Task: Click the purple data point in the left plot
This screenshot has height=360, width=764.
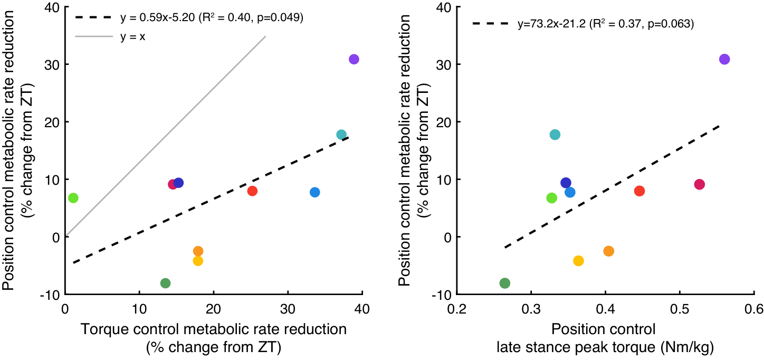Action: point(354,59)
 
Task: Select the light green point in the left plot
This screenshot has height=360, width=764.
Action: point(73,198)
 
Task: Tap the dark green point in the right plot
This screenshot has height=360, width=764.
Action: point(504,283)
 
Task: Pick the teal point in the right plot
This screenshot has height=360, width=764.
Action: point(555,135)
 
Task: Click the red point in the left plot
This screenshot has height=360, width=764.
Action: point(252,191)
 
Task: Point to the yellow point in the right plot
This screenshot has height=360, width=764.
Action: point(578,261)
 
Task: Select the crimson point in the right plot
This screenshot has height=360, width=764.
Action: point(700,184)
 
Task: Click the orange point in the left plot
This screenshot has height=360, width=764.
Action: point(198,251)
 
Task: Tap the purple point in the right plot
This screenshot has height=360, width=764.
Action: point(724,59)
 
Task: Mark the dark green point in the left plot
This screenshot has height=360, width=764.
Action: point(165,283)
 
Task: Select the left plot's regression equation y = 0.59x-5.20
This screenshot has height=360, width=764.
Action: point(211,17)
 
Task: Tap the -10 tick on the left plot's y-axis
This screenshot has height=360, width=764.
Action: point(52,294)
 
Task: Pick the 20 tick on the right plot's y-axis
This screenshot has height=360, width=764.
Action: point(446,122)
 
